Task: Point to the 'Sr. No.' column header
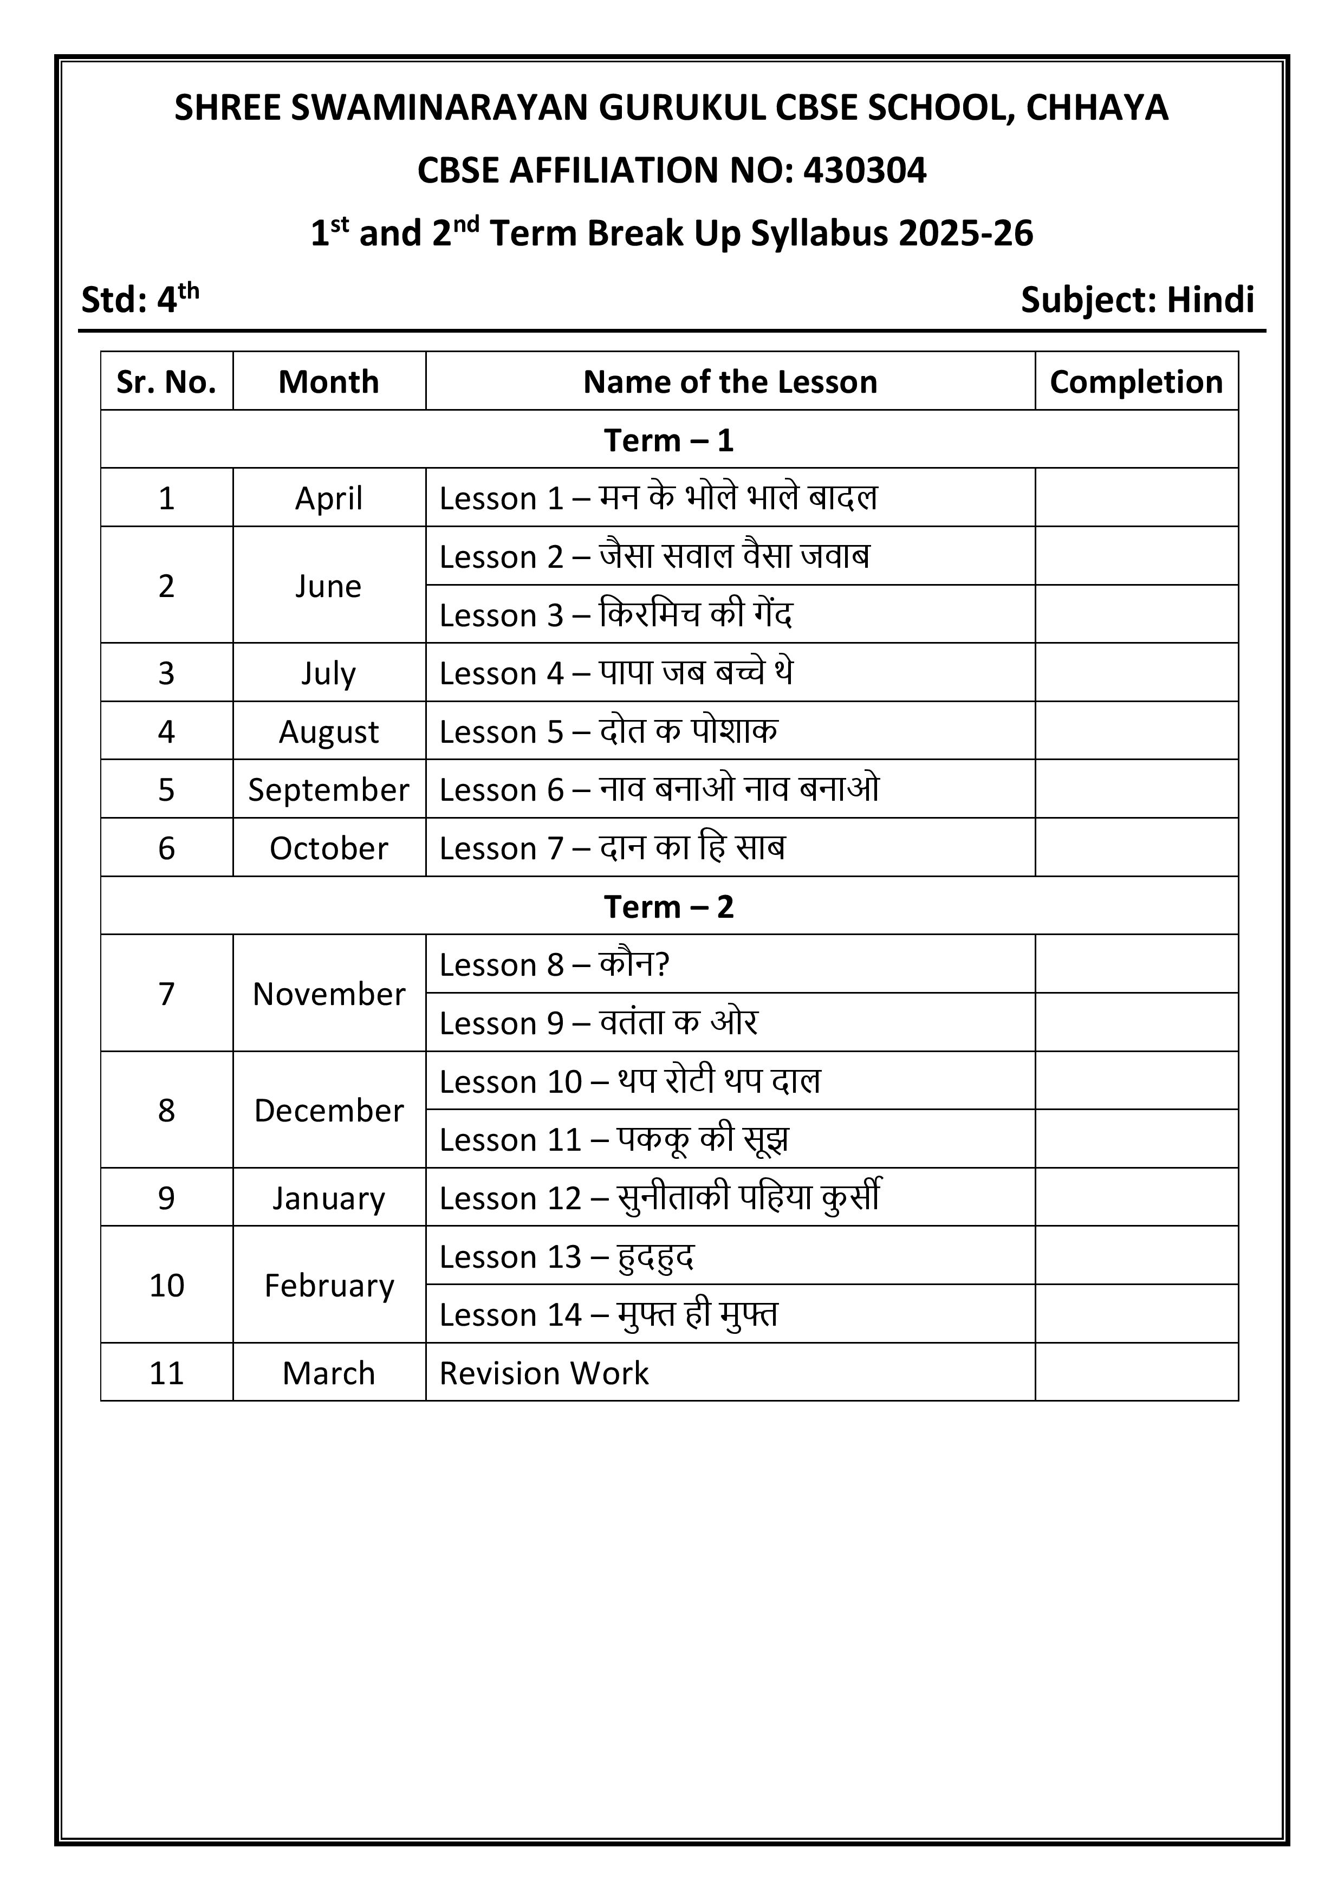(166, 381)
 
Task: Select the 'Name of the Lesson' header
(730, 381)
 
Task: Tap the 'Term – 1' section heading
(668, 440)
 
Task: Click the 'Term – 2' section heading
(668, 906)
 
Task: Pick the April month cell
(329, 498)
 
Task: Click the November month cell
(329, 993)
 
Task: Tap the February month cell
(329, 1285)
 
